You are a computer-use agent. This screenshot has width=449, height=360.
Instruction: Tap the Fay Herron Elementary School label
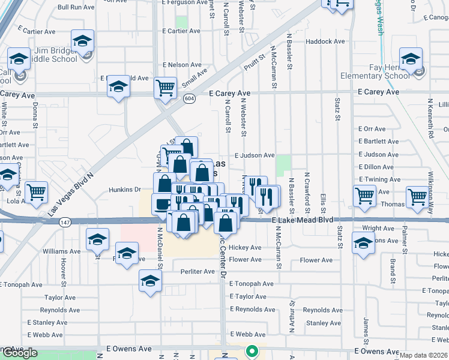click(x=375, y=71)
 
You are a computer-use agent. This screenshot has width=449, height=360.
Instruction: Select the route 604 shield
click(x=188, y=98)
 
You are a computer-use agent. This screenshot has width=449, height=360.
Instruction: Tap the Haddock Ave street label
click(x=325, y=41)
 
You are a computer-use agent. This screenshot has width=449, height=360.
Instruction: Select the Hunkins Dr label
click(x=124, y=190)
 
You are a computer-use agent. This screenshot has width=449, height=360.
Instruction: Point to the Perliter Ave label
click(x=197, y=272)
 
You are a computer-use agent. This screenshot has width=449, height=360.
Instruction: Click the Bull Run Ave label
click(x=76, y=8)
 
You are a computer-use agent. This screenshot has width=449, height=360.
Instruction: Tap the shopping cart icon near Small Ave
click(x=165, y=87)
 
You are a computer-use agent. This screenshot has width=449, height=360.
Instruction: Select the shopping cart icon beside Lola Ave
click(x=37, y=191)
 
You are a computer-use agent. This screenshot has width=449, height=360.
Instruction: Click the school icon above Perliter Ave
click(x=150, y=280)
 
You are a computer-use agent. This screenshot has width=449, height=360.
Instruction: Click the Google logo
click(x=19, y=353)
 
